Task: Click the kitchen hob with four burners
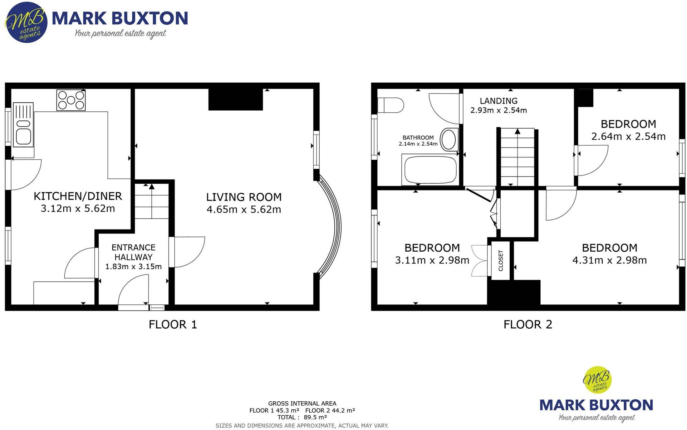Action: (71, 100)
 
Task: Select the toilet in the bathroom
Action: (391, 105)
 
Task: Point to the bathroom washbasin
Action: (449, 139)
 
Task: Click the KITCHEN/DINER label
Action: (78, 196)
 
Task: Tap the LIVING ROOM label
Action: (244, 197)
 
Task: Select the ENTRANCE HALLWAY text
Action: (133, 252)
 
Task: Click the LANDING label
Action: (499, 101)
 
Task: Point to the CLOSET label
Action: (501, 260)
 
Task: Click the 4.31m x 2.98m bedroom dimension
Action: (609, 260)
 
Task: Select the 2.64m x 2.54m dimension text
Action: (628, 136)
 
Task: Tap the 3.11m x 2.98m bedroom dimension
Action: (432, 260)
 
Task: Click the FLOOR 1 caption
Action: (173, 325)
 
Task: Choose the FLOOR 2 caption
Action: (528, 325)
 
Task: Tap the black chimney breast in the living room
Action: (236, 99)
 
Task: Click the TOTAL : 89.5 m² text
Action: (302, 417)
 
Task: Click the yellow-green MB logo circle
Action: (597, 380)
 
